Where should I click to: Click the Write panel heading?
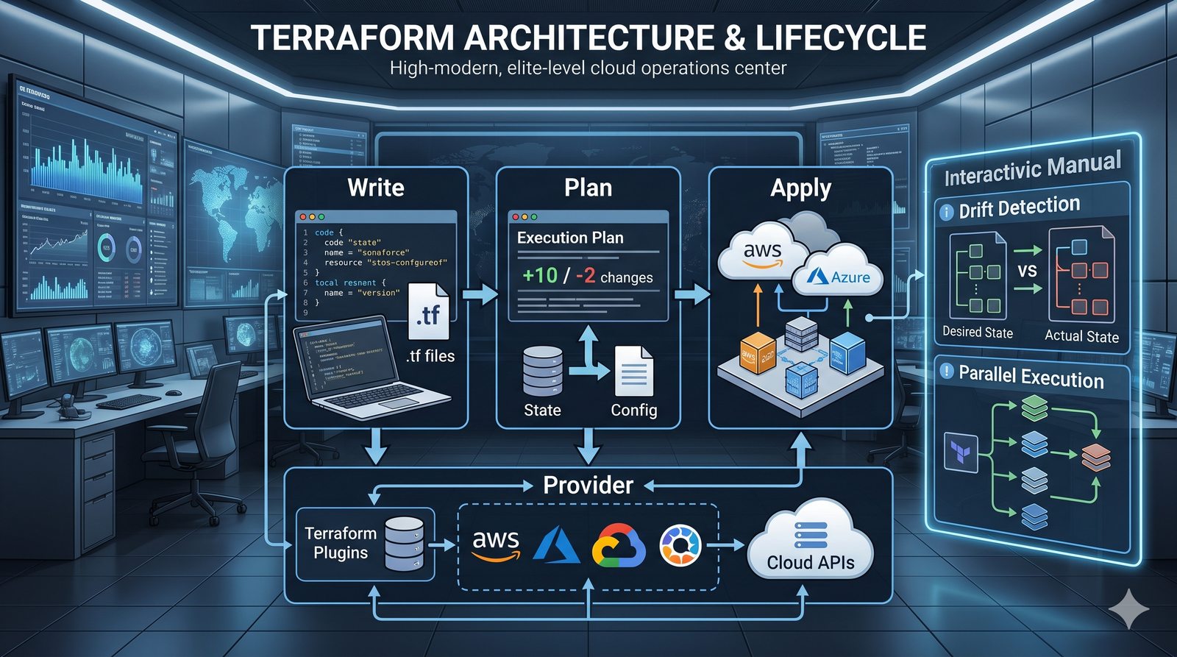click(x=376, y=188)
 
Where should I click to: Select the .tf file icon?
click(x=428, y=313)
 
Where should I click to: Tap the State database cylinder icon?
click(x=543, y=372)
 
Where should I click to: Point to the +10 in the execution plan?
click(x=540, y=276)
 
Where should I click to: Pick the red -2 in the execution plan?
click(x=586, y=276)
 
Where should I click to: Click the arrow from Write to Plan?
click(x=482, y=294)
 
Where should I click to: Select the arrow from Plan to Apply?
click(x=692, y=294)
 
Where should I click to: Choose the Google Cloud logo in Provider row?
click(x=618, y=546)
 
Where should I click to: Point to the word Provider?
click(x=588, y=485)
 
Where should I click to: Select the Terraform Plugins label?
click(x=340, y=543)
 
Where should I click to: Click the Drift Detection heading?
click(x=1019, y=207)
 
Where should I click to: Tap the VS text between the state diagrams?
click(x=1027, y=271)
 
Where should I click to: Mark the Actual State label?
click(x=1081, y=336)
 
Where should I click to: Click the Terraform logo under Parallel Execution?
click(x=961, y=452)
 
